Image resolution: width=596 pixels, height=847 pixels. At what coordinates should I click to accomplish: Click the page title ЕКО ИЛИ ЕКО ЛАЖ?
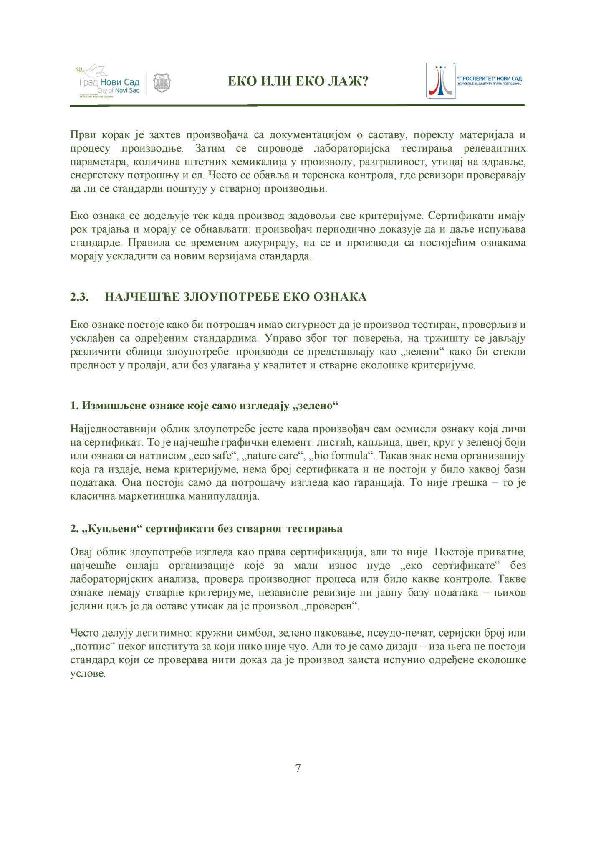click(298, 81)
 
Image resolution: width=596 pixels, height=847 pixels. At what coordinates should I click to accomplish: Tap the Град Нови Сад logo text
click(110, 82)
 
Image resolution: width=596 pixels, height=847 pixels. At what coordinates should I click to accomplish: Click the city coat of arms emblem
click(162, 83)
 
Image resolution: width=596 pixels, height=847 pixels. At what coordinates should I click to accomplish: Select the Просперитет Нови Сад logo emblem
click(440, 81)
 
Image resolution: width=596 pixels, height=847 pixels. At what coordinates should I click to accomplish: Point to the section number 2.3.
click(79, 297)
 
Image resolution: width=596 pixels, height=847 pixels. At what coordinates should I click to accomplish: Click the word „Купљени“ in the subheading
click(111, 529)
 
